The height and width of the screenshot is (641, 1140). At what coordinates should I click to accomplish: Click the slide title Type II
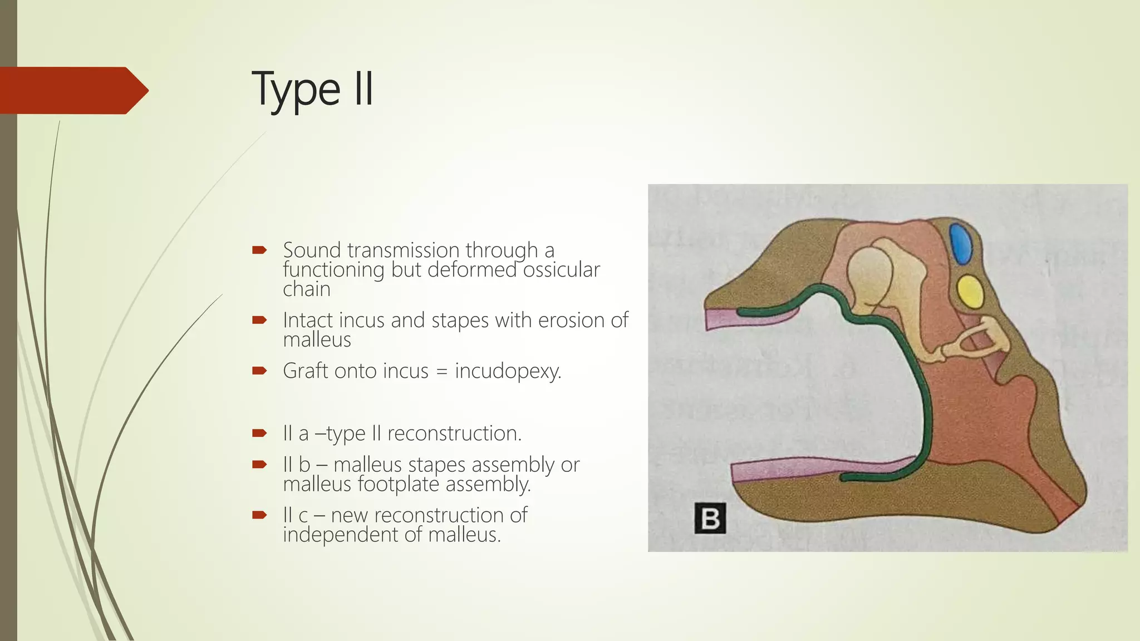[313, 89]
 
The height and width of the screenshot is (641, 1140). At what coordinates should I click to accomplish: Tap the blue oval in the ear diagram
[960, 243]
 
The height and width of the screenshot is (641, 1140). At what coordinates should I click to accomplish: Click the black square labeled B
[710, 518]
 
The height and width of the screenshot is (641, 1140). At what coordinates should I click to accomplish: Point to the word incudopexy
[508, 371]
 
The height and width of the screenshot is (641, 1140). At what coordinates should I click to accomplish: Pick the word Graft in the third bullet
[306, 371]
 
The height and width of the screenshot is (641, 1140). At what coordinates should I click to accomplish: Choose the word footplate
[399, 484]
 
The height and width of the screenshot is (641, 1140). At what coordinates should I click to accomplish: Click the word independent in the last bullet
[341, 535]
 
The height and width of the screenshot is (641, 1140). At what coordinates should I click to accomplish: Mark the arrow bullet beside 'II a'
[259, 433]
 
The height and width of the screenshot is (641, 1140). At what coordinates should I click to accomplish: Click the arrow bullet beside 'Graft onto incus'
[259, 371]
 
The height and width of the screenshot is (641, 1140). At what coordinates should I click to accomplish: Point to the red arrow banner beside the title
[72, 90]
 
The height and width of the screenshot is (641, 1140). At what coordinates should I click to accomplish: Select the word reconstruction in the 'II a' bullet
[454, 433]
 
